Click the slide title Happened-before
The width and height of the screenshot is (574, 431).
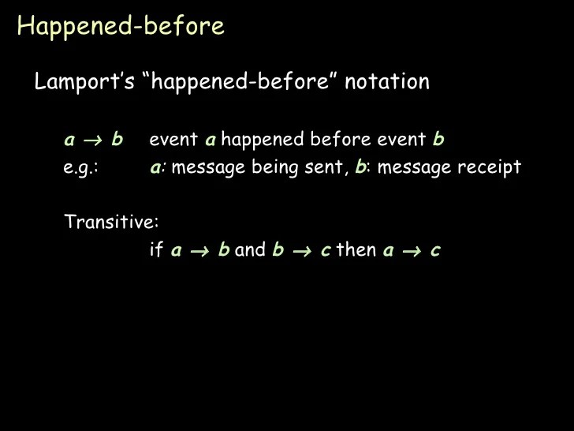click(121, 27)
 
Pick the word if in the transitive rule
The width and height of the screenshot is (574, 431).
click(156, 250)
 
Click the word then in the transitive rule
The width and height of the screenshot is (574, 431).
click(356, 250)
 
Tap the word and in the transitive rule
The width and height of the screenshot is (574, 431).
click(250, 250)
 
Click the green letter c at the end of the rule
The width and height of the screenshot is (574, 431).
click(435, 250)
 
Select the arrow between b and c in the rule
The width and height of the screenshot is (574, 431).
click(303, 251)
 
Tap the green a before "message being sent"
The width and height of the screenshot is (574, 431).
click(157, 168)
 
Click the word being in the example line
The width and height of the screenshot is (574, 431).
click(273, 168)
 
